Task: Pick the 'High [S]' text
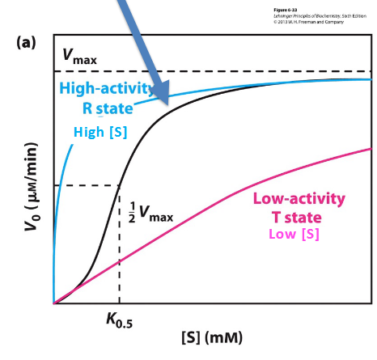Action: point(100,132)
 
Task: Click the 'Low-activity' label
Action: point(299,199)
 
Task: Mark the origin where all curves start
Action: point(53,303)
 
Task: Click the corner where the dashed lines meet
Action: point(120,186)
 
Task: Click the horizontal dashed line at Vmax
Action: point(243,71)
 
